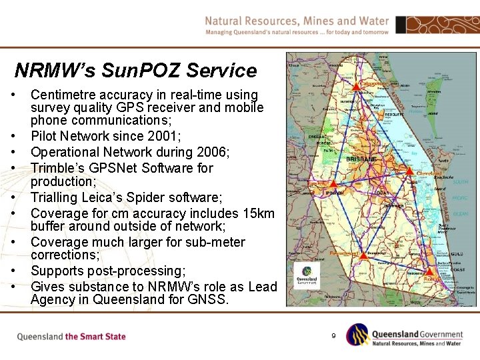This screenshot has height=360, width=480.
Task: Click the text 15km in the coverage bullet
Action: coord(257,213)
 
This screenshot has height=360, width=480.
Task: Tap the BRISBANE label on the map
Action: coord(361,159)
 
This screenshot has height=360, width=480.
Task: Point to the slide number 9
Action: coord(333,335)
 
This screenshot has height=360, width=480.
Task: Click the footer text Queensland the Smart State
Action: coord(71,337)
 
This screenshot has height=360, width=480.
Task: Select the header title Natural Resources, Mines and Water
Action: coord(297,21)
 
